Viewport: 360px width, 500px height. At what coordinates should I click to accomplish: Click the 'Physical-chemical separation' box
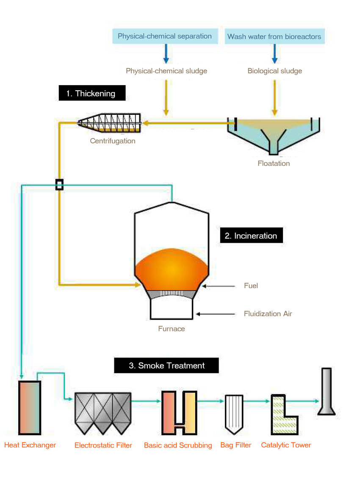(x=165, y=36)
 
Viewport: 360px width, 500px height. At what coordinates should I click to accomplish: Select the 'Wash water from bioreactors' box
(x=274, y=36)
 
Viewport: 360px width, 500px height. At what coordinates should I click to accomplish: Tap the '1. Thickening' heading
(x=92, y=93)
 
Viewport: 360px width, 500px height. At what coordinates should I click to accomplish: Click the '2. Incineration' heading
(x=251, y=236)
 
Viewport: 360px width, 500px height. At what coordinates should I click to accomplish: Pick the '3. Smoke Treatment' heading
(x=166, y=365)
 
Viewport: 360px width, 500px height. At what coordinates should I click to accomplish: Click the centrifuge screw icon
(x=110, y=122)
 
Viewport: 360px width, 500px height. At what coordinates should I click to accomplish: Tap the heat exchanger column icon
(x=30, y=408)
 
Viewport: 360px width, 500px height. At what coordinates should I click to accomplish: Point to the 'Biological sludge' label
(x=274, y=71)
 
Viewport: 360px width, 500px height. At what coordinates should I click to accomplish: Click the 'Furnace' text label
(x=172, y=328)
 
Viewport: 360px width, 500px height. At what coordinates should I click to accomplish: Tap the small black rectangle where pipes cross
(x=59, y=184)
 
